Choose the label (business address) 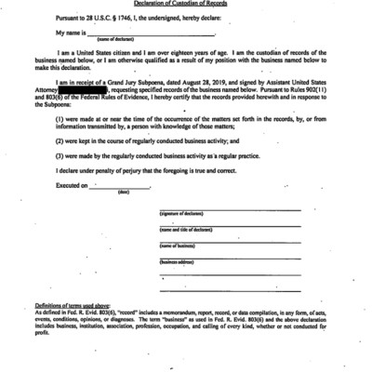tap(180, 263)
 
